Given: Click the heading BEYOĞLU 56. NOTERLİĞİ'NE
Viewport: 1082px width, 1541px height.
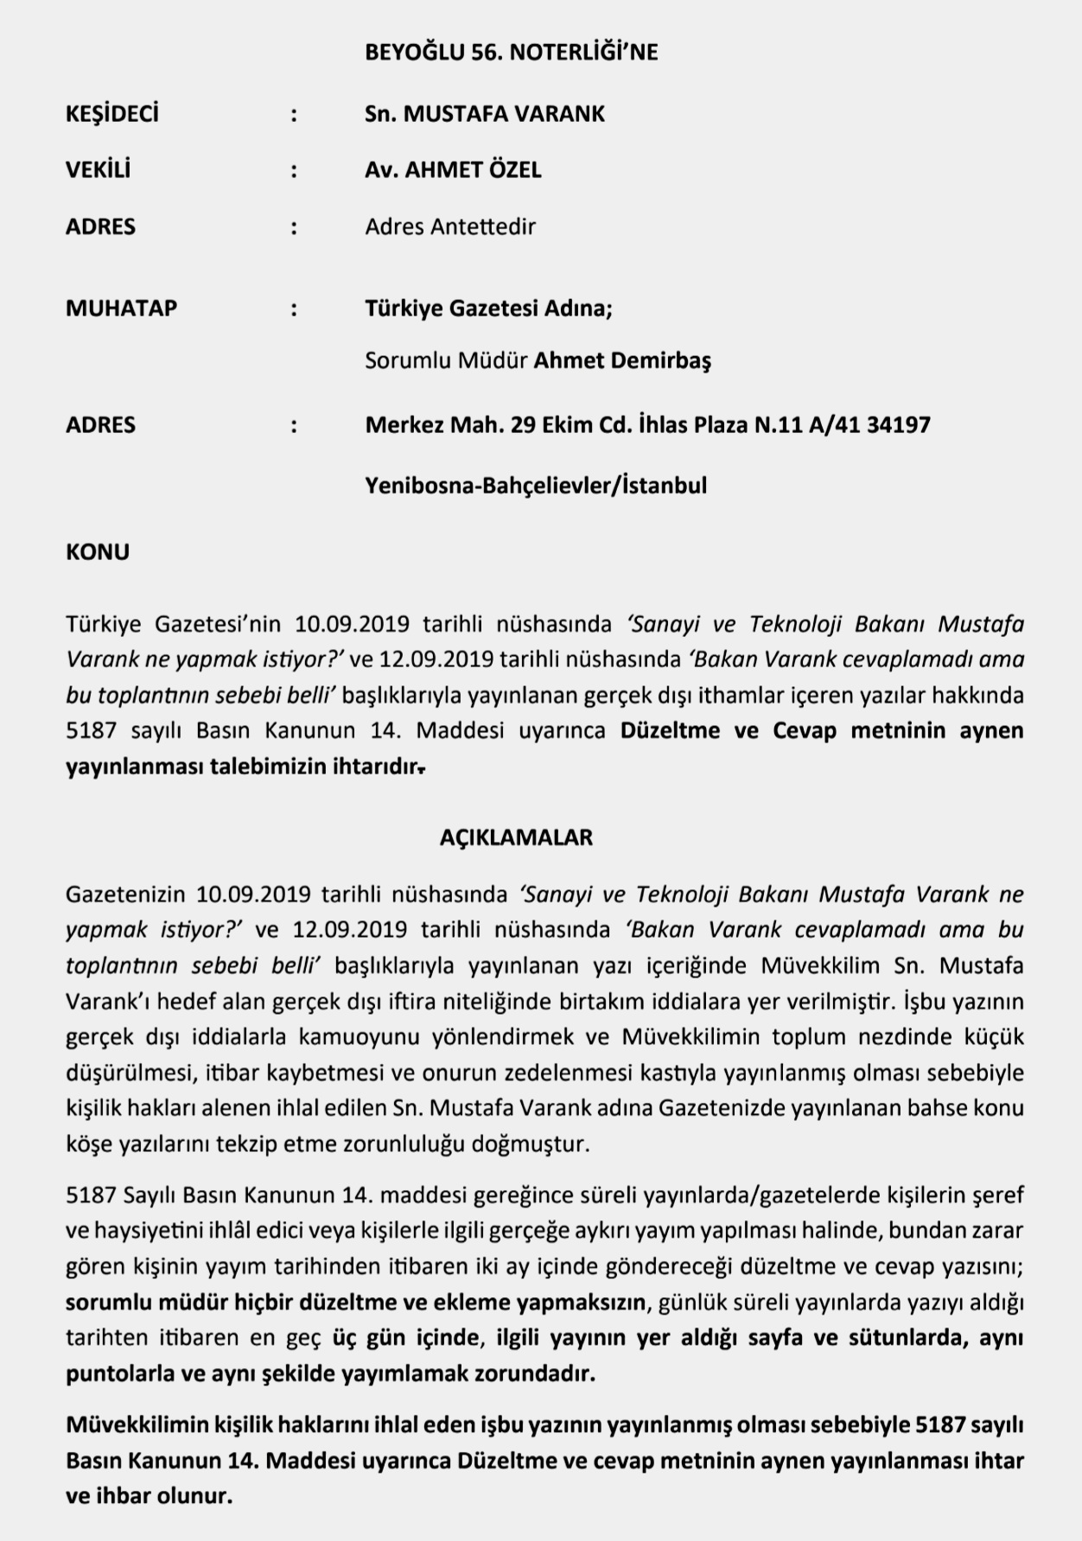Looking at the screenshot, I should (x=511, y=53).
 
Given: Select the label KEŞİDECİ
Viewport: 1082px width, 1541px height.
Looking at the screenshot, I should (x=112, y=114).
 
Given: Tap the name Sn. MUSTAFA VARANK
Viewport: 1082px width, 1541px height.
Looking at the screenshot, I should (x=484, y=114).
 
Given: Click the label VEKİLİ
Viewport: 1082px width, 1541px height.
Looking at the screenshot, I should (x=98, y=169).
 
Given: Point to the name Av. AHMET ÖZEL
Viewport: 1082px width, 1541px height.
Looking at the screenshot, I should (x=453, y=169).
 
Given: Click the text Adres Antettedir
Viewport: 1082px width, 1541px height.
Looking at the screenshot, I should (x=450, y=226).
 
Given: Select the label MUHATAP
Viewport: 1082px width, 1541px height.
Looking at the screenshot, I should (x=121, y=308).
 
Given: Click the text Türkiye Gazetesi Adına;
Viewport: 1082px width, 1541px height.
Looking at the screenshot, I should (x=488, y=308).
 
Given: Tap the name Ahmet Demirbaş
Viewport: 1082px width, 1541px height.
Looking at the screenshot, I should (x=621, y=360).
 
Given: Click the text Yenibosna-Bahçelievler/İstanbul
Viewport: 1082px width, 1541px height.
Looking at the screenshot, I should (x=536, y=485).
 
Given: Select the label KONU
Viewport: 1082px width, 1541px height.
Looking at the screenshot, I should (x=98, y=551).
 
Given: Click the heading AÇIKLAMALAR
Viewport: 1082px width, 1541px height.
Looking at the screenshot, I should (x=516, y=837).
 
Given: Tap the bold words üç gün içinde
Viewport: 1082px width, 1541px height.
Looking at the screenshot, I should (x=405, y=1338).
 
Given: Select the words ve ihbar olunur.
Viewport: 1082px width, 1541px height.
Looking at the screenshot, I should (x=149, y=1496).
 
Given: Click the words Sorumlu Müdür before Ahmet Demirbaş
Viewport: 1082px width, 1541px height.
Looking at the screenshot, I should (x=445, y=360).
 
